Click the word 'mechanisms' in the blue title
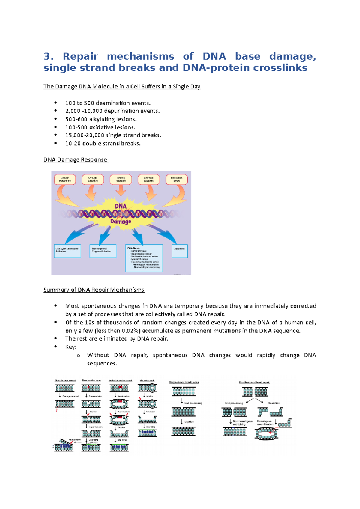click(x=140, y=56)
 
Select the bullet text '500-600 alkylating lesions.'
click(x=101, y=119)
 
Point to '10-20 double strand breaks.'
click(x=103, y=144)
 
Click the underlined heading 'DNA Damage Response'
click(x=75, y=160)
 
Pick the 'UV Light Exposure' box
click(x=93, y=180)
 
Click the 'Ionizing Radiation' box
click(x=121, y=180)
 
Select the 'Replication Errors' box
click(x=177, y=180)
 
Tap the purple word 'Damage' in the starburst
click(x=121, y=222)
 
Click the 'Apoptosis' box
click(x=179, y=251)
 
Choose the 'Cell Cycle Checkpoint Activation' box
click(x=67, y=251)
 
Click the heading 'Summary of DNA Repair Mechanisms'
click(x=94, y=290)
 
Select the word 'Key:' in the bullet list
click(x=71, y=347)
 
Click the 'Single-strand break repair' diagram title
click(x=184, y=382)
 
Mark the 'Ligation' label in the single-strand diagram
click(x=189, y=421)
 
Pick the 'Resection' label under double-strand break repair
click(x=274, y=403)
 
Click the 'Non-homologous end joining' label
click(x=242, y=423)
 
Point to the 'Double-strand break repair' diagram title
click(x=254, y=382)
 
